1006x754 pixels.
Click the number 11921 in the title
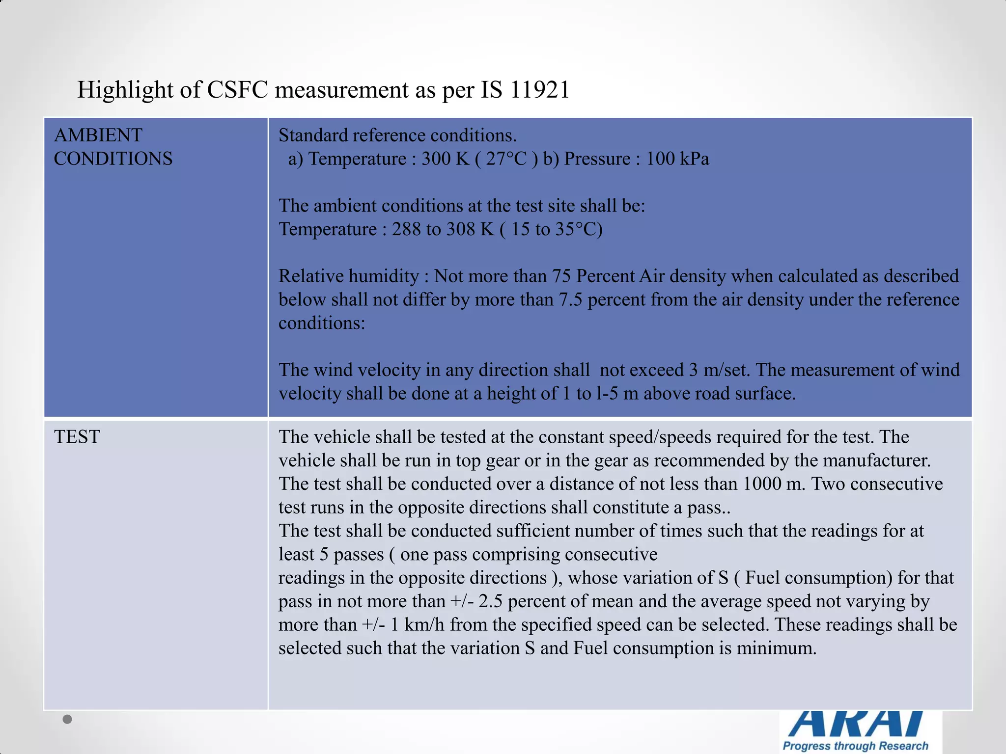click(539, 90)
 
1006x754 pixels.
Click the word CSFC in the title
click(237, 90)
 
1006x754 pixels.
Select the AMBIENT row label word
click(98, 135)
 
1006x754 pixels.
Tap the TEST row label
click(77, 437)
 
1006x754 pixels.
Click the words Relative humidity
click(348, 276)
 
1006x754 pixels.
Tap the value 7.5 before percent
click(570, 299)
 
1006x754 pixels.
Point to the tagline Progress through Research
click(855, 746)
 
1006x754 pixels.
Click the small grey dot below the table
click(68, 719)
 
